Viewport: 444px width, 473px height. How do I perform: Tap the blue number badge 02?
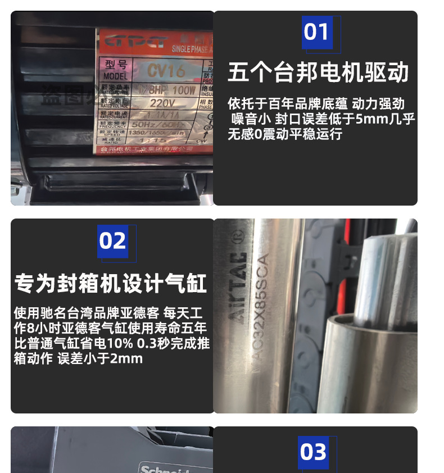coord(113,241)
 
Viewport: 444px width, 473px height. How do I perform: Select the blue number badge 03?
coord(313,452)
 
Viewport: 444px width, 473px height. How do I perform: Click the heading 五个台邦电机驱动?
coord(318,72)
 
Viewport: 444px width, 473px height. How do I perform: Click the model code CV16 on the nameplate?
coord(166,71)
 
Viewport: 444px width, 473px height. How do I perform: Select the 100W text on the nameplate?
coord(184,90)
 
